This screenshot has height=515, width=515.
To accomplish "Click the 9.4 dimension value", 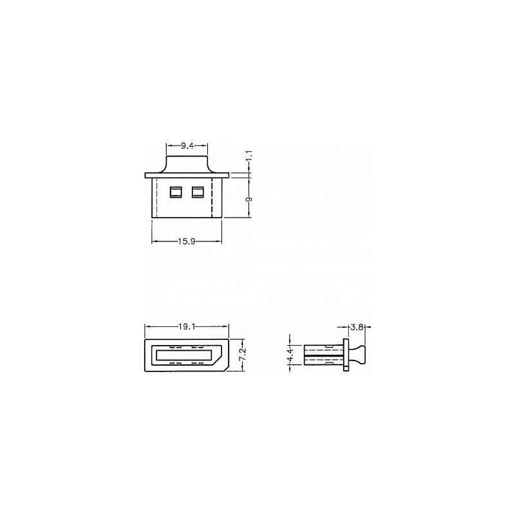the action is coord(187,146).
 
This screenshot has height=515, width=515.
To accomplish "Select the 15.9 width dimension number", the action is coord(187,242).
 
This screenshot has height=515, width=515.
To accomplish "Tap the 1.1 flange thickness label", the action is coord(249,155).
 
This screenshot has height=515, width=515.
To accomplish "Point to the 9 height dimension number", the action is coord(249,200).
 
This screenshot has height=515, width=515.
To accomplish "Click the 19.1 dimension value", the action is coord(187,326).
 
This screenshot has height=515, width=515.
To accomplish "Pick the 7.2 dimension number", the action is coord(243,355).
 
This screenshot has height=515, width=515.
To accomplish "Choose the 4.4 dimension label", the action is coord(290,355).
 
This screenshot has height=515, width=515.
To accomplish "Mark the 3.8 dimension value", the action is coord(357,327).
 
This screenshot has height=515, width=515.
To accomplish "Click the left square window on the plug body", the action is coord(175,192).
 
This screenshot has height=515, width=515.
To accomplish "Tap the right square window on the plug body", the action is coord(198,192).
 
